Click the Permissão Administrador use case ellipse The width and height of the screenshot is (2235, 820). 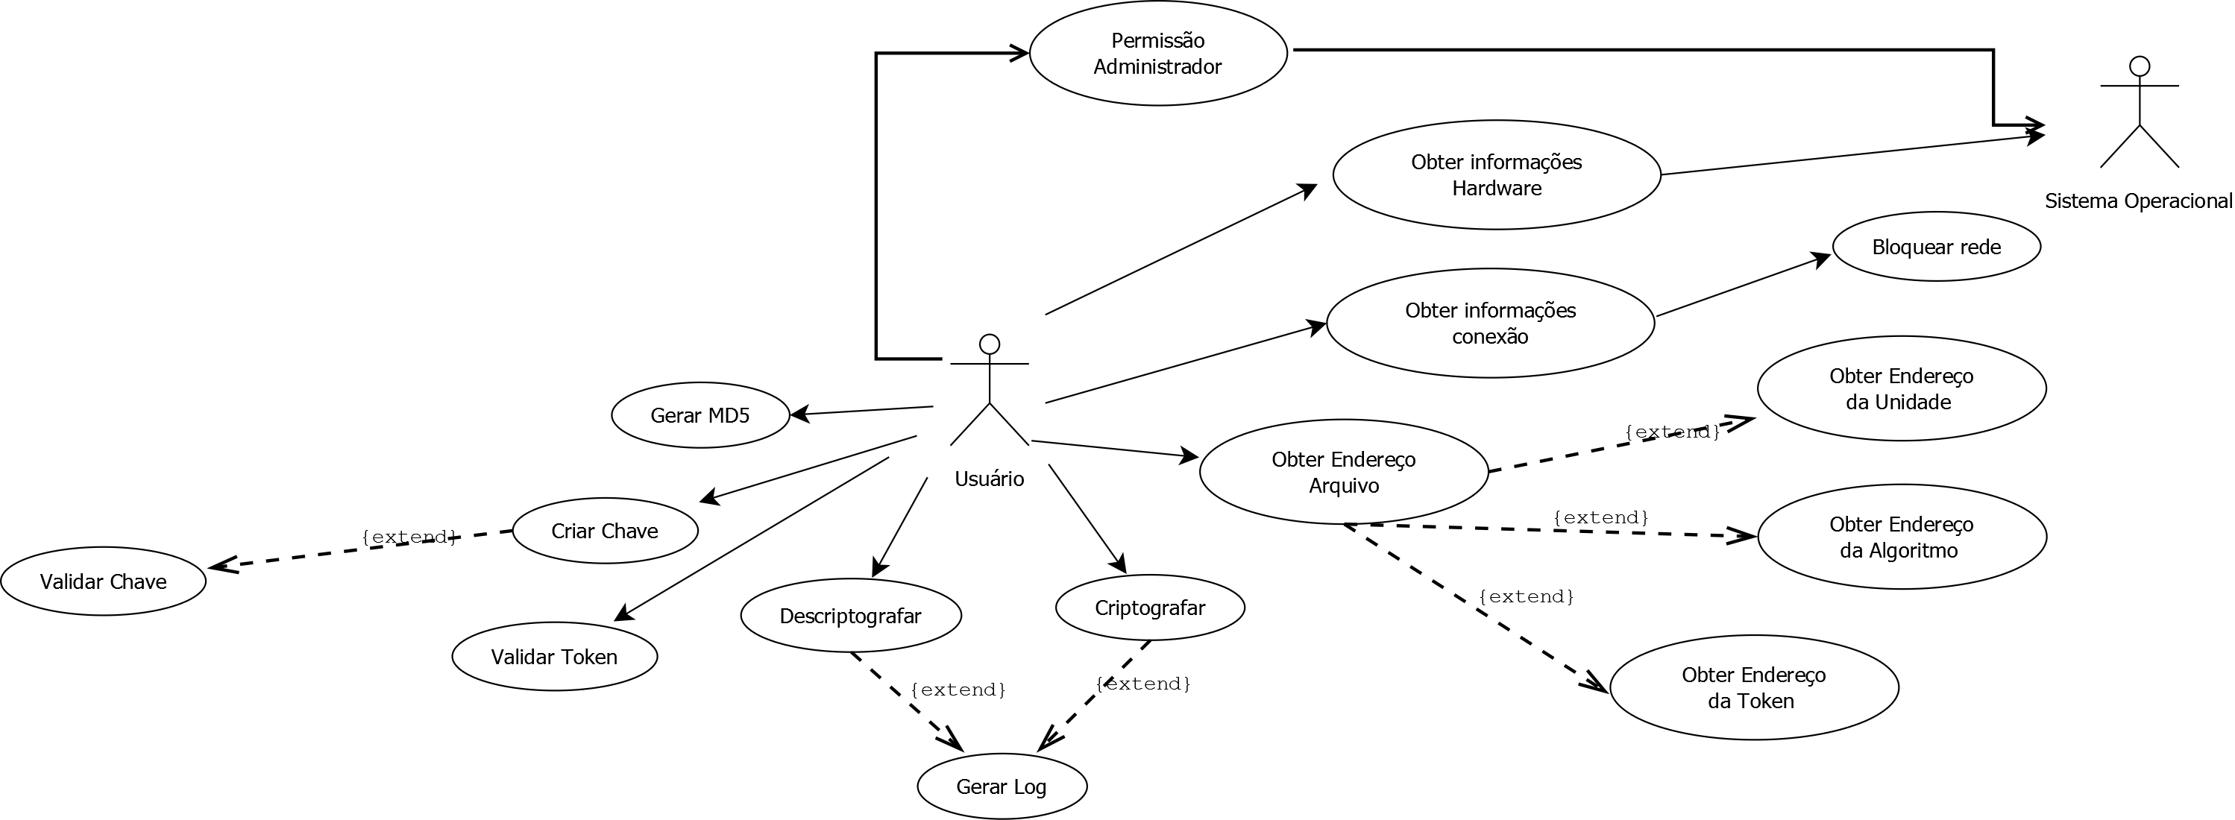point(1157,54)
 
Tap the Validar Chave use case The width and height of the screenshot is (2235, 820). point(103,581)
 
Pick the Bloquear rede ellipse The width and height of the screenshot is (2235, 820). point(1936,247)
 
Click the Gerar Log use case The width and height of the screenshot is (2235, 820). point(1002,787)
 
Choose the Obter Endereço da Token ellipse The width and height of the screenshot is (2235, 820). point(1753,688)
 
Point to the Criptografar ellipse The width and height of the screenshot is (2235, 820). point(1150,608)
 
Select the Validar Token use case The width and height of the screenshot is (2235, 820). point(554,657)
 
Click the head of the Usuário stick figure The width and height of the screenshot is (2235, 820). point(989,344)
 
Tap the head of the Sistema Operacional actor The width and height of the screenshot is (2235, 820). point(2140,66)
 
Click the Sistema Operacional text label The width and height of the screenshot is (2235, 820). point(2138,201)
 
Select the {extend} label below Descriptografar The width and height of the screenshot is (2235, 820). point(958,690)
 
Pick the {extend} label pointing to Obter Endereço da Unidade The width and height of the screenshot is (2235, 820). point(1672,432)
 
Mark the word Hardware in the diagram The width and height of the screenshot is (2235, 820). point(1497,189)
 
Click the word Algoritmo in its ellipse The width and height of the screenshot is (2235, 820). point(1899,551)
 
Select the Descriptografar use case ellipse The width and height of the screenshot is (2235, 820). point(850,616)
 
